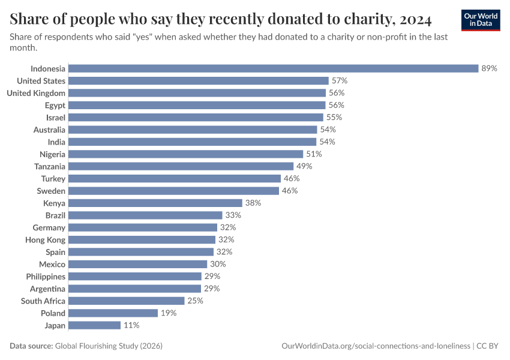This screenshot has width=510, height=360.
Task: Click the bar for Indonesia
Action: click(273, 68)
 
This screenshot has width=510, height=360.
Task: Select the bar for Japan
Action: click(94, 325)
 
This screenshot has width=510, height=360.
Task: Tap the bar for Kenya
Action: click(155, 203)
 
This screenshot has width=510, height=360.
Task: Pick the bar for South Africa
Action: click(127, 301)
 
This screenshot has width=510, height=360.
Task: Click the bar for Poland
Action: click(113, 313)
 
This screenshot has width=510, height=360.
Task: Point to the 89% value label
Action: click(489, 68)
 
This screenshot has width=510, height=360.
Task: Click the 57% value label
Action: click(340, 80)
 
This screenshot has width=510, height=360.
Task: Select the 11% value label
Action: click(131, 325)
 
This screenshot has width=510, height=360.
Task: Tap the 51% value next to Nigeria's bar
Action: click(314, 154)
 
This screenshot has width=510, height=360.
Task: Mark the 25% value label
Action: click(195, 301)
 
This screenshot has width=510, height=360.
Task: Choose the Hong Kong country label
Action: click(46, 239)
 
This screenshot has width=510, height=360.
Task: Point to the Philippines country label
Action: click(46, 277)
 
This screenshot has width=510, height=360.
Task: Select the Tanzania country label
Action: click(49, 166)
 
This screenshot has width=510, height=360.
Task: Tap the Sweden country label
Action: click(52, 191)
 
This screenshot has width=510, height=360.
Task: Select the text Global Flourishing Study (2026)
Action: click(109, 346)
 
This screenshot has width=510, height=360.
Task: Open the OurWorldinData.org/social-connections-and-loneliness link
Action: click(376, 346)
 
